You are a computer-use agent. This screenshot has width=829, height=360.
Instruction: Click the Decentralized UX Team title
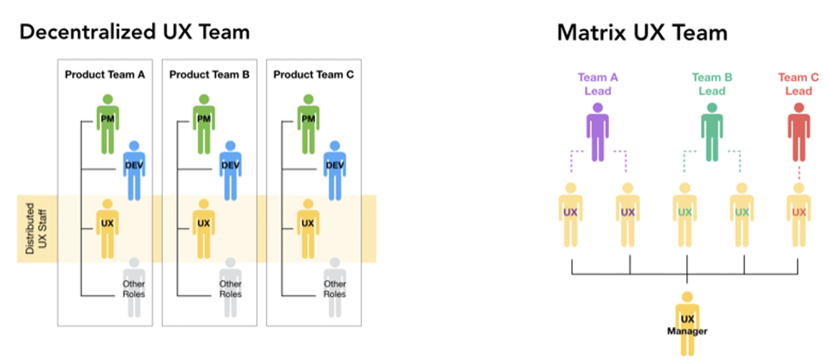coord(135,32)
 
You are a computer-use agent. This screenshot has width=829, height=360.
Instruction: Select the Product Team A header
coord(104,75)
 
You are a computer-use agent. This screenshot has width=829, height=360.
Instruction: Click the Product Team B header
coord(209,75)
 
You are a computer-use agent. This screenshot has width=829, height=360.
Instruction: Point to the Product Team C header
coord(313,75)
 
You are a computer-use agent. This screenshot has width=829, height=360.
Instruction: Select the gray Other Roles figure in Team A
coord(133,284)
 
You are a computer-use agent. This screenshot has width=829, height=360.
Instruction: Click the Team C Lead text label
coord(798,84)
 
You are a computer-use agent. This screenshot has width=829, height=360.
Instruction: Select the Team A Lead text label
coord(597,84)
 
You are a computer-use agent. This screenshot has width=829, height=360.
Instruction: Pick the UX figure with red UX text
coord(799,215)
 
